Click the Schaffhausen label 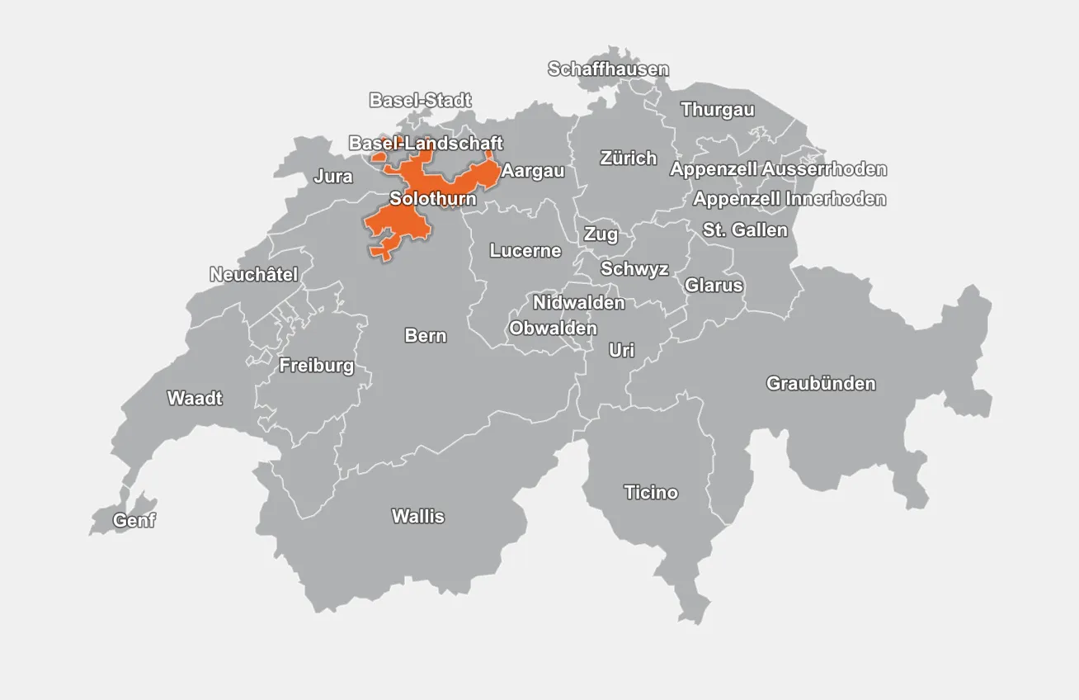[608, 69]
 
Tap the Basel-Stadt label [420, 101]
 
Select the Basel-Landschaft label [426, 144]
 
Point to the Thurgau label [717, 110]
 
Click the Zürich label [628, 158]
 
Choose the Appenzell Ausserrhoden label [778, 169]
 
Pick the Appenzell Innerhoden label [789, 199]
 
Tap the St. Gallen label [745, 230]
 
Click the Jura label [332, 177]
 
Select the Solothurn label [432, 199]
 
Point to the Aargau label [533, 172]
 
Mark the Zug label [601, 234]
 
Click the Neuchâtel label [253, 274]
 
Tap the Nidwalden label [578, 303]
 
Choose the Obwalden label [553, 329]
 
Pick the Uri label [621, 351]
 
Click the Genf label [134, 521]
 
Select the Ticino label [651, 493]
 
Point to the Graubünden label [821, 384]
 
